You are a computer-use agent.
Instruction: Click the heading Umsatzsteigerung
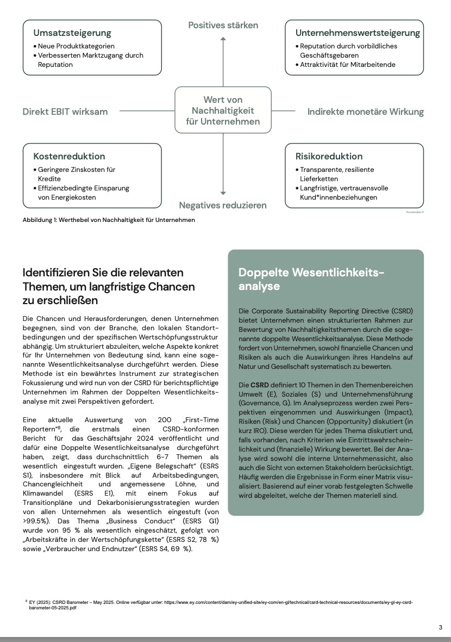coord(72,33)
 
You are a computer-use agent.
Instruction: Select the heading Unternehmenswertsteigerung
coord(358,33)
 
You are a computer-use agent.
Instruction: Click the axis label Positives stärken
coord(223,26)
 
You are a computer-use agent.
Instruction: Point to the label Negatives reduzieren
coord(223,205)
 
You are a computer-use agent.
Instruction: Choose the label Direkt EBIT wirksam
coord(65,112)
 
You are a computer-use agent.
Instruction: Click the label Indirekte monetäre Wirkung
coord(365,112)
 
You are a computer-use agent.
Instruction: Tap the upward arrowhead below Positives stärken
coord(223,39)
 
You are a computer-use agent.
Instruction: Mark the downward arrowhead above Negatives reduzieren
coord(223,192)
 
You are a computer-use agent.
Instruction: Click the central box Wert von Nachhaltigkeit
coord(223,110)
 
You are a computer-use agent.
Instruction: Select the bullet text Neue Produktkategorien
coord(76,46)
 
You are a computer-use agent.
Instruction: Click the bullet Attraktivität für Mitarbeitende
coord(348,65)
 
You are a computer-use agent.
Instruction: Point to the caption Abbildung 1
coord(109,220)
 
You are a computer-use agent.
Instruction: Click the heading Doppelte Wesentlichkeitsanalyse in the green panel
coord(311,279)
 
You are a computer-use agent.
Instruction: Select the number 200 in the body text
coord(164,421)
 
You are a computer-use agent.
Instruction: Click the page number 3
coord(440,627)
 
